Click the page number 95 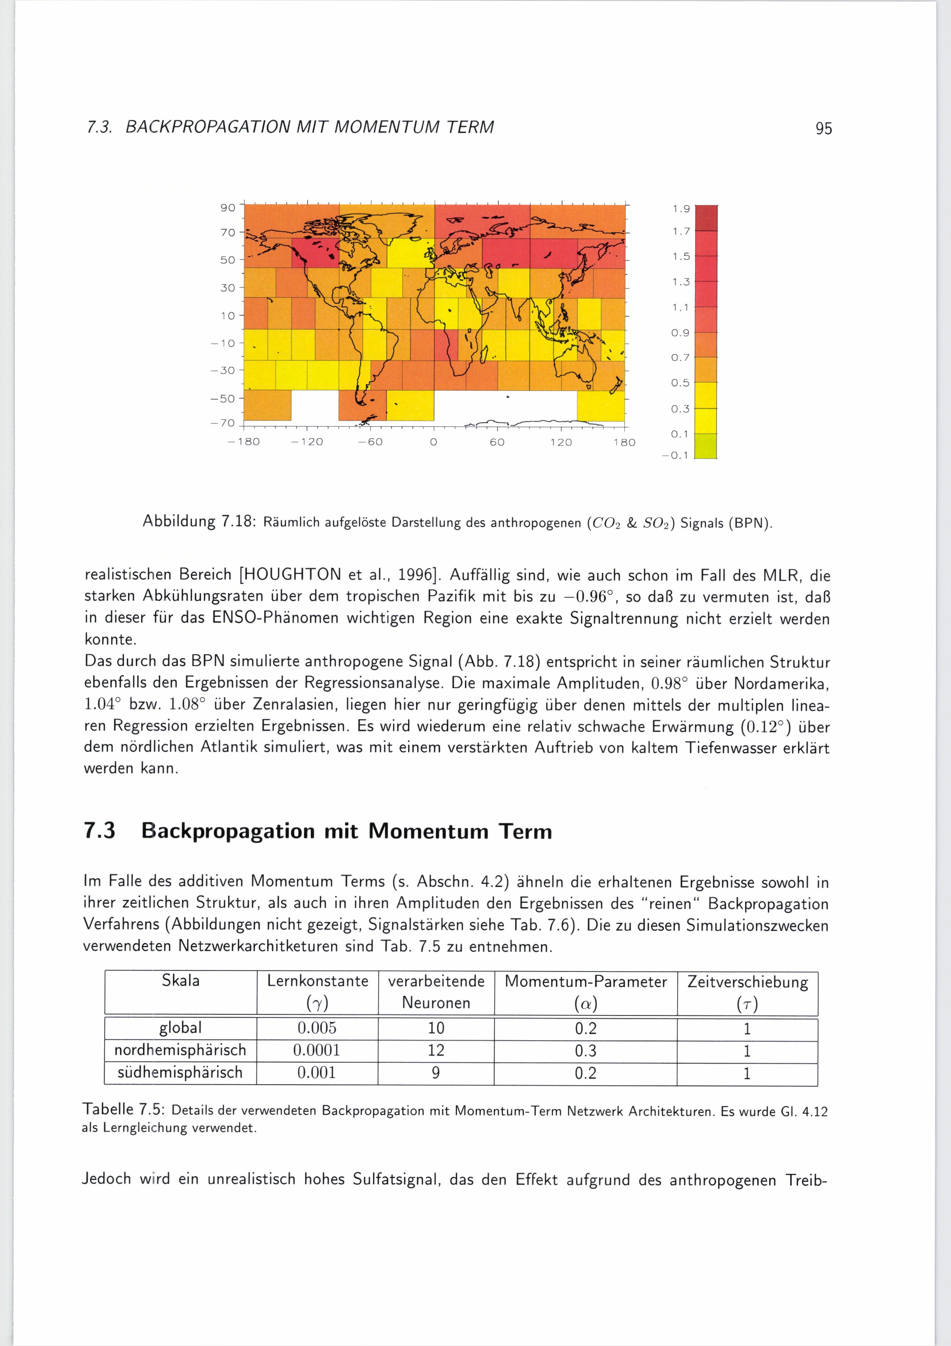[823, 128]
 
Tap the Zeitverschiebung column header [747, 982]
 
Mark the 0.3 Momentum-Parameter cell [585, 1050]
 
